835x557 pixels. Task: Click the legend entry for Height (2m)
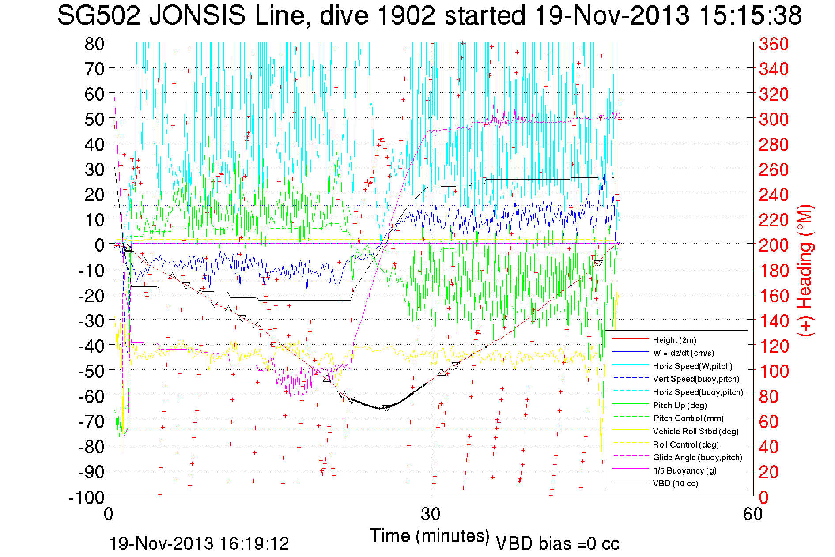674,340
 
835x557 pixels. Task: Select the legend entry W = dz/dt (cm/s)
683,353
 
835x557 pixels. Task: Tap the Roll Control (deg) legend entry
686,444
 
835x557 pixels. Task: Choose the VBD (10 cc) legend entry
675,484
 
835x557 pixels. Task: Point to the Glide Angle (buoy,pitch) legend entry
697,458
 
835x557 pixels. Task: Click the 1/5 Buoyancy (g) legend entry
684,470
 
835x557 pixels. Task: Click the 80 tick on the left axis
94,44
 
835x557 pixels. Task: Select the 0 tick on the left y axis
99,245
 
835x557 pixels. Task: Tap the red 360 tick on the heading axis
774,44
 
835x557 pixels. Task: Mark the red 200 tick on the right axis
774,245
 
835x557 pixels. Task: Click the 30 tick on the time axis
431,514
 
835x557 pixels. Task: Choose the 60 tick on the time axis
752,514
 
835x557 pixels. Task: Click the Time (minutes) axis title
430,536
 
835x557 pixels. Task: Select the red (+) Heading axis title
805,270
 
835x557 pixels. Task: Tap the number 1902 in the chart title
407,16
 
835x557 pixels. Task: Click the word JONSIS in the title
197,16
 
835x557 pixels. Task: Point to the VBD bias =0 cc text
557,544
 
